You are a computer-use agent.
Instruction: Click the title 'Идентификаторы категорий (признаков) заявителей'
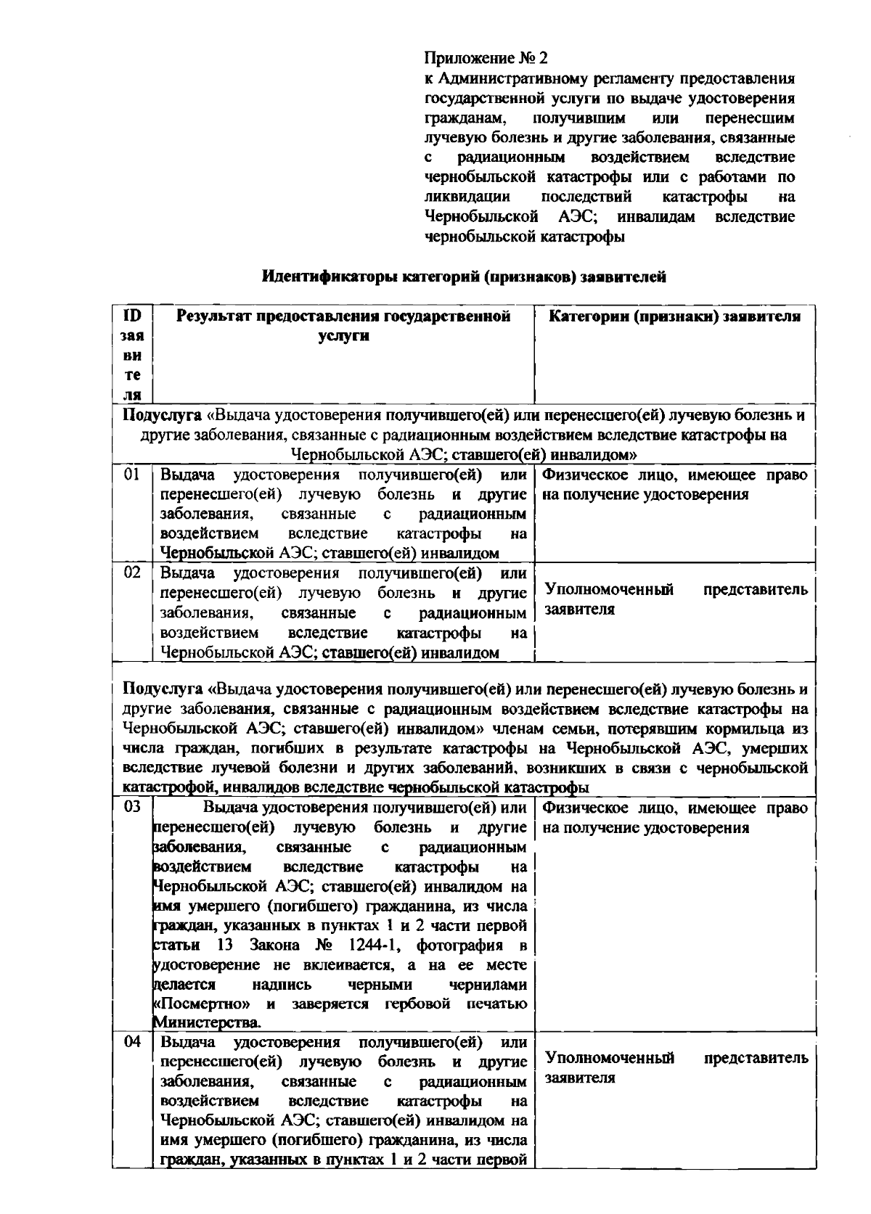pos(464,276)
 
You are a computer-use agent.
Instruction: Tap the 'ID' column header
pos(132,316)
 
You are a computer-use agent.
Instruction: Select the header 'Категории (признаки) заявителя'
pos(674,316)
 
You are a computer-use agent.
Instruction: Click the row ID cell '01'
pos(131,475)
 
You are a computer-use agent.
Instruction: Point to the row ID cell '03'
pos(131,807)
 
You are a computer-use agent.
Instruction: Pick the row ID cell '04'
pos(131,1043)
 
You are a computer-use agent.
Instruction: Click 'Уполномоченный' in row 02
pos(608,589)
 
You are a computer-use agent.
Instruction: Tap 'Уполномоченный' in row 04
pos(608,1058)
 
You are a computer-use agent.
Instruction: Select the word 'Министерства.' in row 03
pos(207,1023)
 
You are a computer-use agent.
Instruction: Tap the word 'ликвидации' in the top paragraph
pos(467,197)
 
